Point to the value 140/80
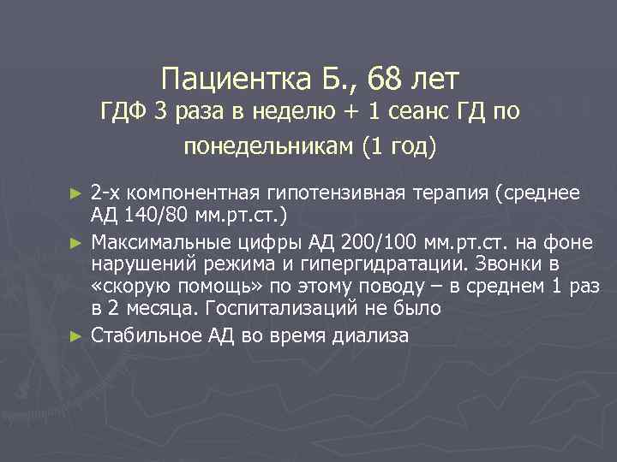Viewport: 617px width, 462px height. pos(153,214)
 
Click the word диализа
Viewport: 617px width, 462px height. pos(368,336)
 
